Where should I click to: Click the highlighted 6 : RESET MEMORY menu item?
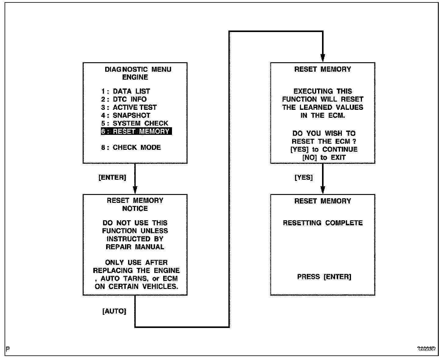(136, 131)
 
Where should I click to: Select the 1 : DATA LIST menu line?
(126, 91)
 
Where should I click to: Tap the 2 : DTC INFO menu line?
(124, 99)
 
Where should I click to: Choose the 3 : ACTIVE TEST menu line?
(129, 107)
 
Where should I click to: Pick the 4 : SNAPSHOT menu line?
(126, 115)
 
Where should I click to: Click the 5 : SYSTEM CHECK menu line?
(134, 123)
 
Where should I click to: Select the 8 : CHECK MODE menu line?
(131, 147)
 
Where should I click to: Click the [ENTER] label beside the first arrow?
(112, 178)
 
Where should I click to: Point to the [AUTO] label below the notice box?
(114, 311)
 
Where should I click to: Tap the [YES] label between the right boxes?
(304, 178)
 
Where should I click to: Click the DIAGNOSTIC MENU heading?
(138, 70)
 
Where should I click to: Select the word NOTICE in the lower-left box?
(135, 209)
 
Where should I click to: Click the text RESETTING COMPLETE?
(323, 223)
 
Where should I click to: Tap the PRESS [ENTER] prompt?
(324, 277)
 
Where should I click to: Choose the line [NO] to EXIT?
(324, 157)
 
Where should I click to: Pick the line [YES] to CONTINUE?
(324, 149)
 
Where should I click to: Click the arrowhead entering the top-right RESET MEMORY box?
(323, 58)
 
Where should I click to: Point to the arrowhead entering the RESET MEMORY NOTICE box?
(135, 190)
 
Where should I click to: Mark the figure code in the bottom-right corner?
(427, 349)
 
